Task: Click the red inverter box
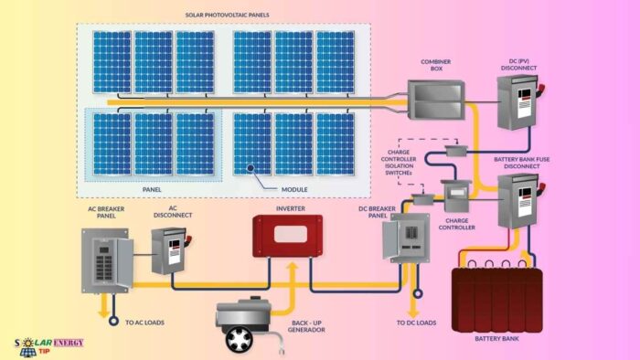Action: point(286,236)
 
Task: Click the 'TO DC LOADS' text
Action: point(417,323)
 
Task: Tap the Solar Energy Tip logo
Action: point(49,345)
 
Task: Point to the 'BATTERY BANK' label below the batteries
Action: point(497,337)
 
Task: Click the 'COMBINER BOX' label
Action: point(437,66)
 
